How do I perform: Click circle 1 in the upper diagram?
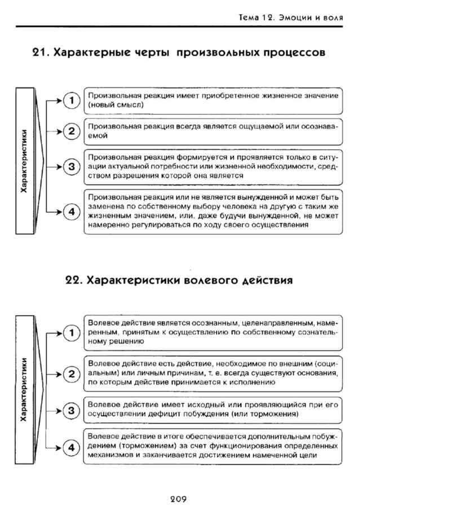coord(71,101)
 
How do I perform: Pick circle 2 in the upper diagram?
coord(71,132)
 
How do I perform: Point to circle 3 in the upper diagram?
coord(71,167)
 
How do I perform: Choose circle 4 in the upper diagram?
coord(71,212)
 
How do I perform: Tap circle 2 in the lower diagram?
coord(71,373)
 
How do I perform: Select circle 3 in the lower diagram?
coord(71,411)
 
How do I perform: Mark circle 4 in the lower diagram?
coord(71,448)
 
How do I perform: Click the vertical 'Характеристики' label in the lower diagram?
coord(24,389)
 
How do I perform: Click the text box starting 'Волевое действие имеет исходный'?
coord(213,410)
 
